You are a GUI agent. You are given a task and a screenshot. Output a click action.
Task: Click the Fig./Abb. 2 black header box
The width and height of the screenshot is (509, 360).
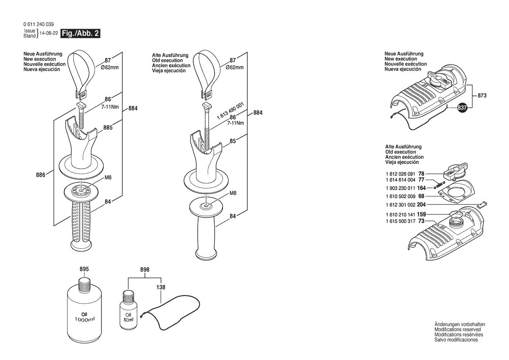point(81,34)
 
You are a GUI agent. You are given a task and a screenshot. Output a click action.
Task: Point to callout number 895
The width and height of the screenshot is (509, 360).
point(84,269)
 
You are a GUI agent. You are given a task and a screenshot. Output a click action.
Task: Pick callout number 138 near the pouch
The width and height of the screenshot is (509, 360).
point(161,288)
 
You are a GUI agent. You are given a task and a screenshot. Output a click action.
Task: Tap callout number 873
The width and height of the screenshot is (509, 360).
point(482,95)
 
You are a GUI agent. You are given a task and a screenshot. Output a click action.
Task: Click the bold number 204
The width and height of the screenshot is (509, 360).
point(421,204)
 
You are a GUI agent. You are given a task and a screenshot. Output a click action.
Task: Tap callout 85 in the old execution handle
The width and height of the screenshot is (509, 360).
point(233,141)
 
